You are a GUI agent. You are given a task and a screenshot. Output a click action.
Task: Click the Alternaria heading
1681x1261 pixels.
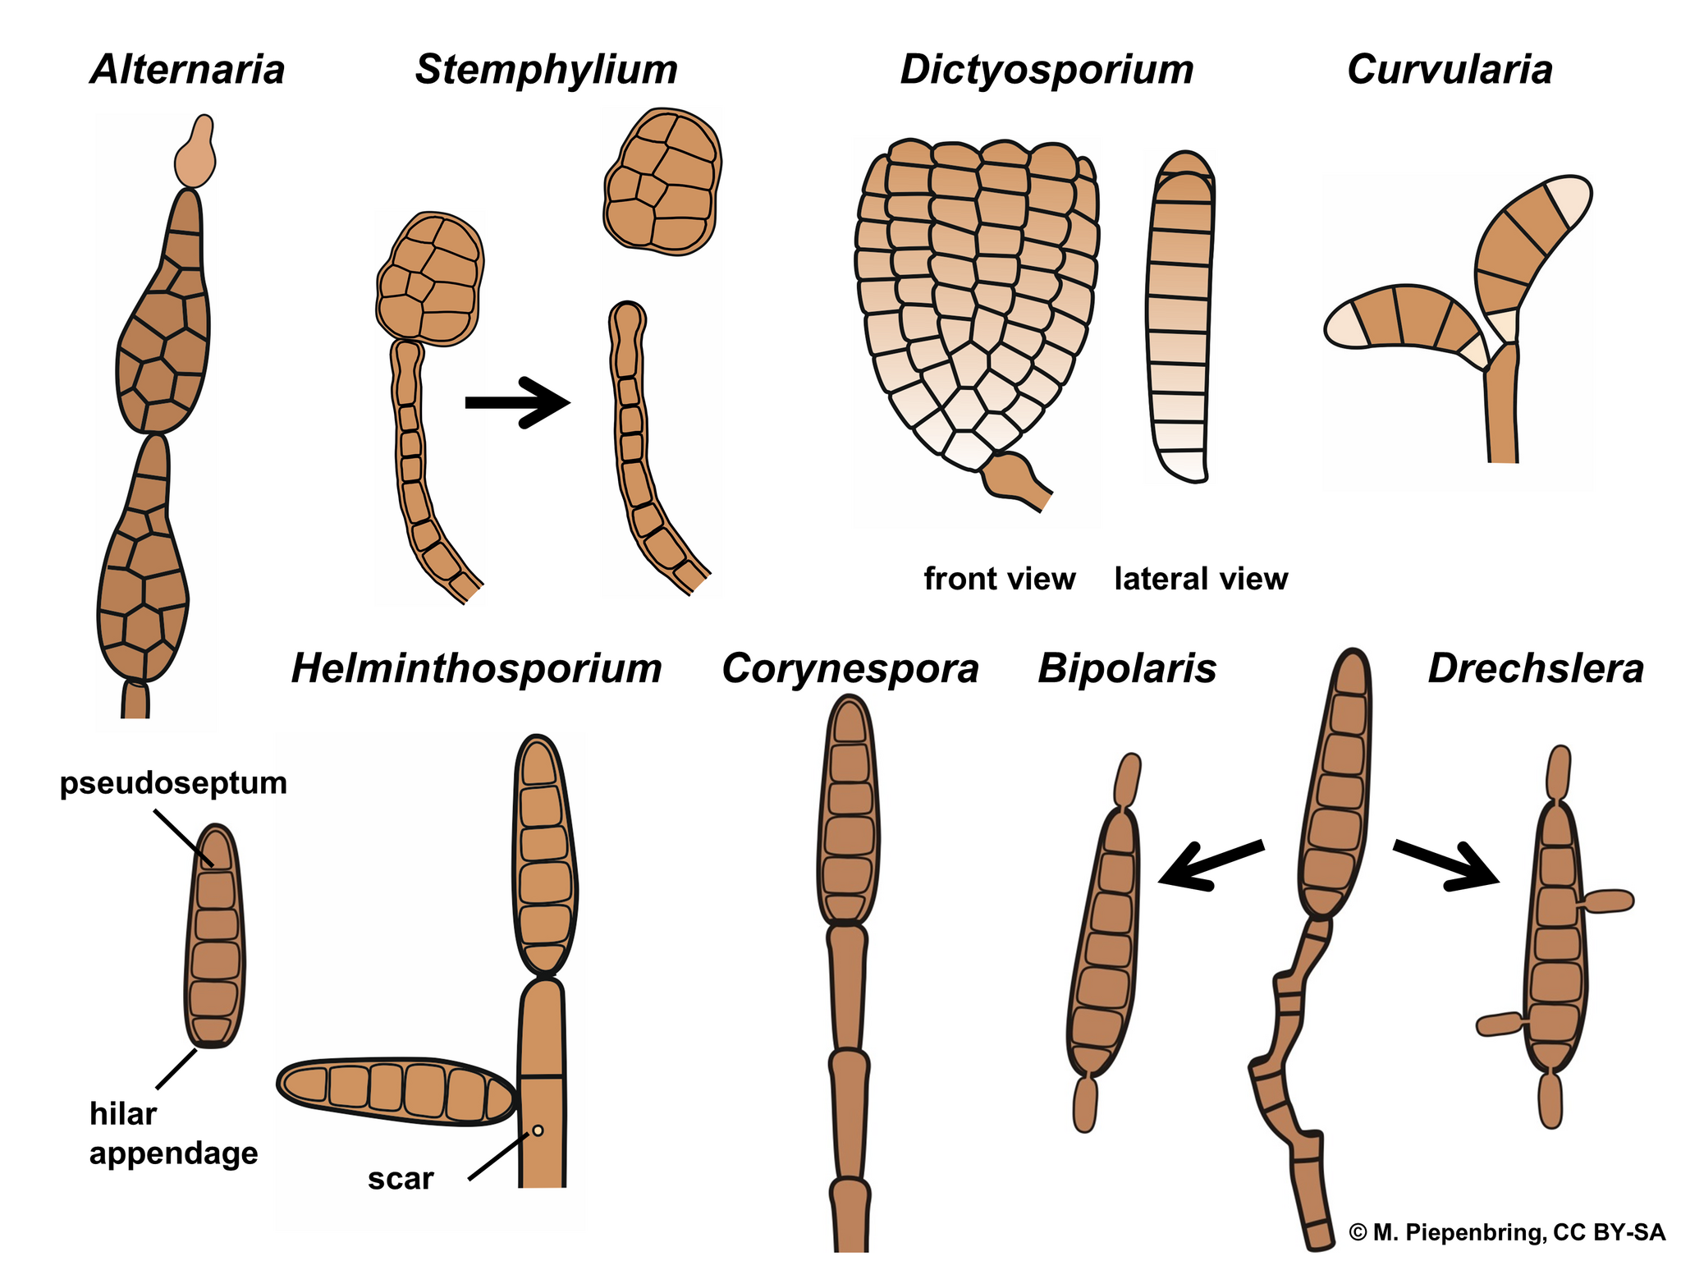pyautogui.click(x=188, y=69)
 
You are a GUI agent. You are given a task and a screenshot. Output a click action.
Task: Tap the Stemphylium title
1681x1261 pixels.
pyautogui.click(x=546, y=69)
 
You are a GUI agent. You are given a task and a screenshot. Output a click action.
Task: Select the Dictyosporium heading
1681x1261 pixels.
pyautogui.click(x=1047, y=69)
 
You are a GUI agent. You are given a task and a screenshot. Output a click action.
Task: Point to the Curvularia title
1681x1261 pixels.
pyautogui.click(x=1450, y=69)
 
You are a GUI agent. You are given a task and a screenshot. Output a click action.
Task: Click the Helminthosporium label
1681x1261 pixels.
pyautogui.click(x=476, y=668)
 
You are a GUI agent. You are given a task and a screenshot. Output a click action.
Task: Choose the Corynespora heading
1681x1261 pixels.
pyautogui.click(x=850, y=668)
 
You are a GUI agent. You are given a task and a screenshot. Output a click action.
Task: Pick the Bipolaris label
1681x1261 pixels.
pyautogui.click(x=1127, y=668)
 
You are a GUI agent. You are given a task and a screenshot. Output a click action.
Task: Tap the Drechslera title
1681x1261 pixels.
pyautogui.click(x=1536, y=668)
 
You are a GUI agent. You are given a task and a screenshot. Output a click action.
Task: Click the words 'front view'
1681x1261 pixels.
pyautogui.click(x=999, y=579)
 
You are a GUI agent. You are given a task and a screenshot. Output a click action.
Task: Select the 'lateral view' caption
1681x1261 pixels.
pyautogui.click(x=1201, y=579)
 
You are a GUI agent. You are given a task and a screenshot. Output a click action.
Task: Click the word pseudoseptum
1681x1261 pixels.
pyautogui.click(x=173, y=782)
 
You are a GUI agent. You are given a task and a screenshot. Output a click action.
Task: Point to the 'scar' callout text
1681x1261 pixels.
pyautogui.click(x=401, y=1178)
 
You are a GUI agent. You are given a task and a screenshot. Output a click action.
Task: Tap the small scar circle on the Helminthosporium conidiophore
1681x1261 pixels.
pyautogui.click(x=538, y=1130)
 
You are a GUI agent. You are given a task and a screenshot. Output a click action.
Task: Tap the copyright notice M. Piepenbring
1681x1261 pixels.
pyautogui.click(x=1507, y=1231)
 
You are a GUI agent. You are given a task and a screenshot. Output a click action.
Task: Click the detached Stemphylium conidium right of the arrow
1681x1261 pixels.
pyautogui.click(x=663, y=181)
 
